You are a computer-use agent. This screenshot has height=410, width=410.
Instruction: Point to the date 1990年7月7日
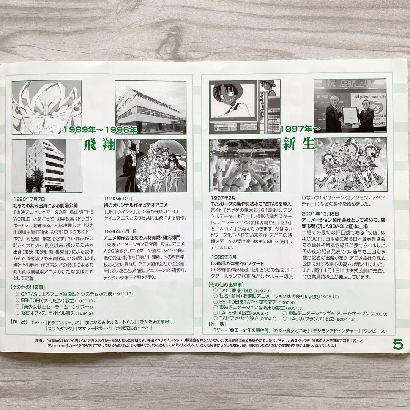coord(29,199)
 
